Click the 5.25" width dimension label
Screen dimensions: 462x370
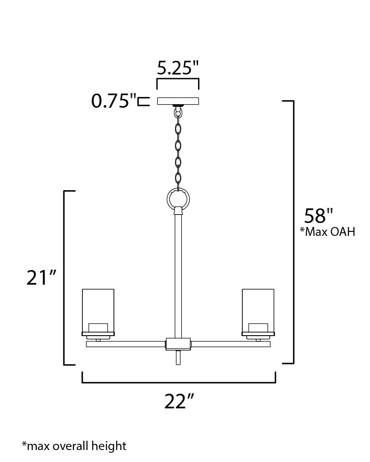tap(178, 67)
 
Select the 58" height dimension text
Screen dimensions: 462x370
tap(318, 216)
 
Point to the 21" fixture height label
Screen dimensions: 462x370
tap(42, 278)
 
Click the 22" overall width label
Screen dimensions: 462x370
tap(179, 402)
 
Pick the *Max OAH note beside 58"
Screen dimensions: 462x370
tap(327, 232)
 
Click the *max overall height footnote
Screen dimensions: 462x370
tap(74, 446)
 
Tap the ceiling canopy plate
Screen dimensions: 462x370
tap(178, 101)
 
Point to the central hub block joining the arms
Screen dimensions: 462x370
tap(178, 344)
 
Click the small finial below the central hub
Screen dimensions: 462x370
tap(178, 357)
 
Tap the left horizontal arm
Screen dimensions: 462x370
tap(125, 344)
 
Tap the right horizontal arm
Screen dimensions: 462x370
tap(230, 344)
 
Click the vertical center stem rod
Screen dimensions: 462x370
tap(178, 275)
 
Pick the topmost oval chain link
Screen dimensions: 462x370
tap(178, 129)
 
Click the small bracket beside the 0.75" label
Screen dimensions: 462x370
tap(143, 102)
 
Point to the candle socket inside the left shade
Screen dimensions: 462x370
tap(98, 327)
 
